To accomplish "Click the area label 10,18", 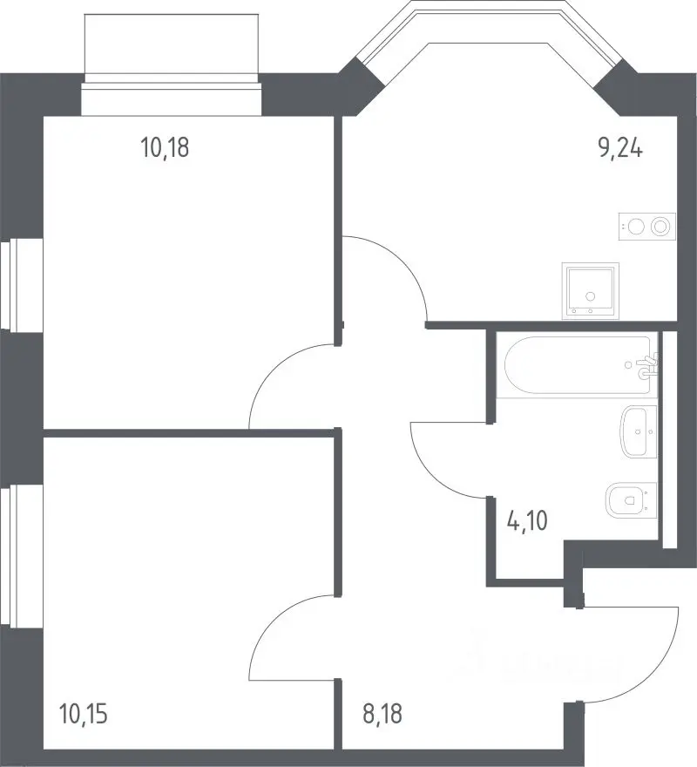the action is point(165,147).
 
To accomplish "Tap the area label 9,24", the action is point(620,147).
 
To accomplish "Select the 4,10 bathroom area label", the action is point(527,520).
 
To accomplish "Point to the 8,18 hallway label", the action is point(382,714).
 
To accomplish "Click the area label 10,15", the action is point(83,714).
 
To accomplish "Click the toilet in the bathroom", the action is point(631,500).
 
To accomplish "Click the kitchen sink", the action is point(591,291).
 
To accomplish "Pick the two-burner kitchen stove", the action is point(647,227).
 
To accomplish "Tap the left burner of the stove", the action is point(636,227).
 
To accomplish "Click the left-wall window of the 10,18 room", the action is point(9,284).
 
